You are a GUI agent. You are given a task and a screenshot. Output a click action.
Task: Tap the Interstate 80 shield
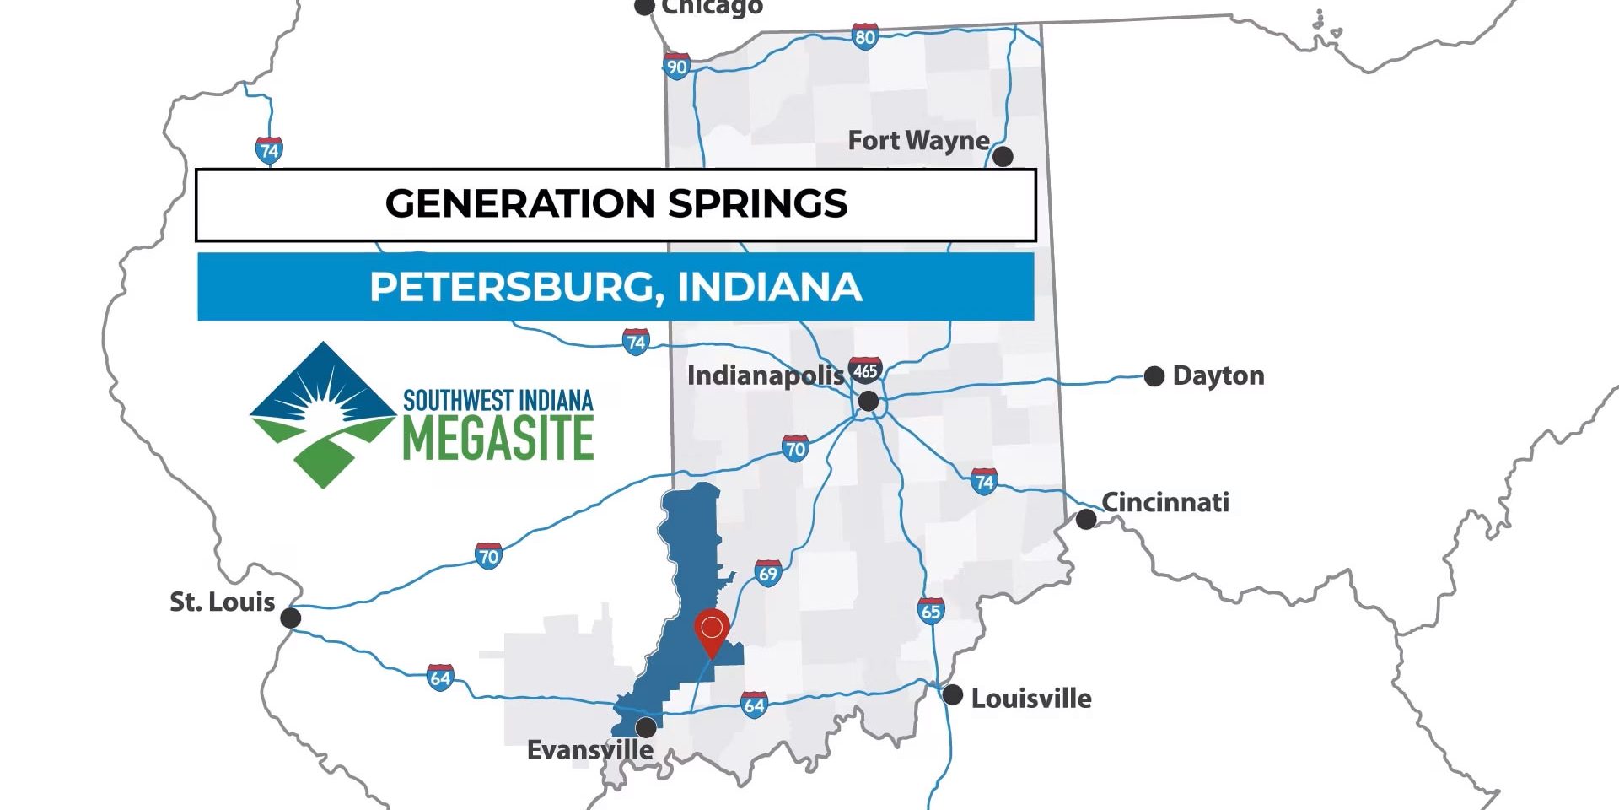point(864,36)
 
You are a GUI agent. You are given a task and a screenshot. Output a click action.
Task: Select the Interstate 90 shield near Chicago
point(677,67)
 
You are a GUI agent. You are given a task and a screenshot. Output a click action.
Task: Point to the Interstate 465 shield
point(865,370)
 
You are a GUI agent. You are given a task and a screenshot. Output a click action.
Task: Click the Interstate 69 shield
point(767,574)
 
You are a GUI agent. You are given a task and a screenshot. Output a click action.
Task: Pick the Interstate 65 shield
point(930,611)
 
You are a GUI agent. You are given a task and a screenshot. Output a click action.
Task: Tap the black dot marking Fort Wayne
point(1003,156)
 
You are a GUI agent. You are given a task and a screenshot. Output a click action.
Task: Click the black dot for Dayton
point(1154,376)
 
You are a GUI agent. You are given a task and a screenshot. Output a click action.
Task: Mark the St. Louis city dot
point(290,618)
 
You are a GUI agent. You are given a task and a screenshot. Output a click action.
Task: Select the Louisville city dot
point(952,695)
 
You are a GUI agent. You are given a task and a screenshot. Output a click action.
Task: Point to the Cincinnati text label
point(1165,502)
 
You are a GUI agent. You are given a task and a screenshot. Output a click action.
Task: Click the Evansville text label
point(589,750)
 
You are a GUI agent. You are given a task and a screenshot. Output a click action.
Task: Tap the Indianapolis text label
point(765,375)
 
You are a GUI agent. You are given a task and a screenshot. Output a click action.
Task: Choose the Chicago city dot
point(644,7)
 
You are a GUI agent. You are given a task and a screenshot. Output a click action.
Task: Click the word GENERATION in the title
point(519,204)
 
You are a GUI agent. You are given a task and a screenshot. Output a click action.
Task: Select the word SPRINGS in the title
point(757,204)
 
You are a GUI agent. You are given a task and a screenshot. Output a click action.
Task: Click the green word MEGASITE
point(498,438)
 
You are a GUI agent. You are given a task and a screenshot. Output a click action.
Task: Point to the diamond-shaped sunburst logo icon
point(323,414)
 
